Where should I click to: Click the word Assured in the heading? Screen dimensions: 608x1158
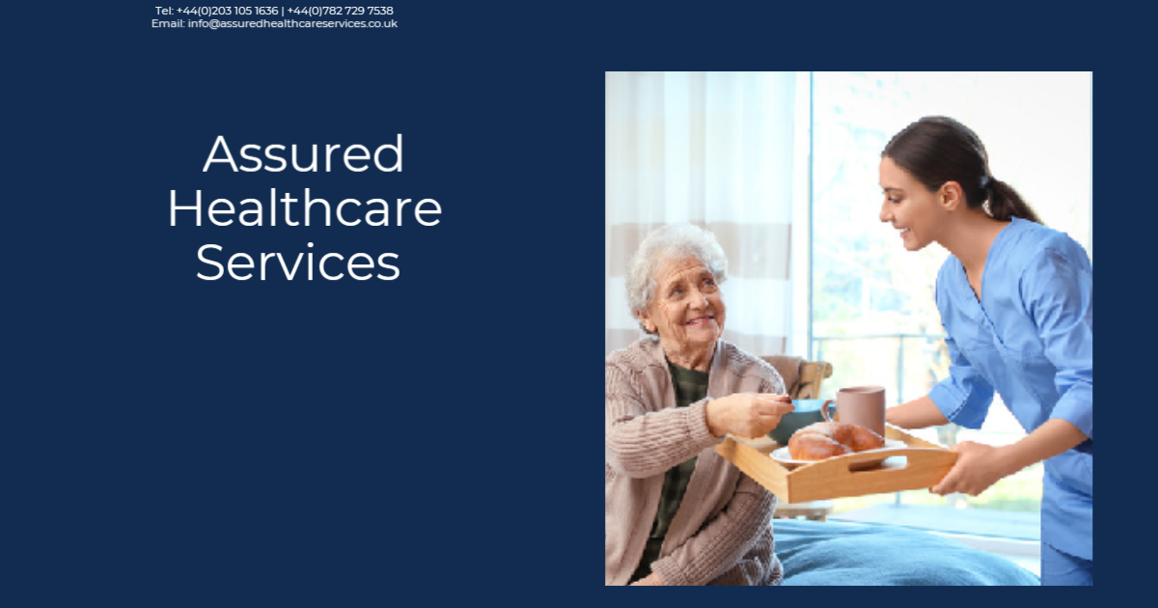click(x=303, y=154)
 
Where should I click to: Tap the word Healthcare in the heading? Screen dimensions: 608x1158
click(x=305, y=208)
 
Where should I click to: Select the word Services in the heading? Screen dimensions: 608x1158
click(x=298, y=263)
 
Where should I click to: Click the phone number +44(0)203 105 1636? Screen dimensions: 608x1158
click(x=227, y=11)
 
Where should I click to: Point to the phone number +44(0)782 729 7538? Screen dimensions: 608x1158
click(x=340, y=11)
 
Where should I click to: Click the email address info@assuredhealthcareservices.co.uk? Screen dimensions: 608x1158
click(x=292, y=23)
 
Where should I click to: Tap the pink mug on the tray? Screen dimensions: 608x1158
click(x=861, y=408)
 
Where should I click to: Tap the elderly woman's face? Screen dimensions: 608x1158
click(x=687, y=305)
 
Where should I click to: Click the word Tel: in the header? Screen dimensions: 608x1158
click(x=164, y=11)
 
